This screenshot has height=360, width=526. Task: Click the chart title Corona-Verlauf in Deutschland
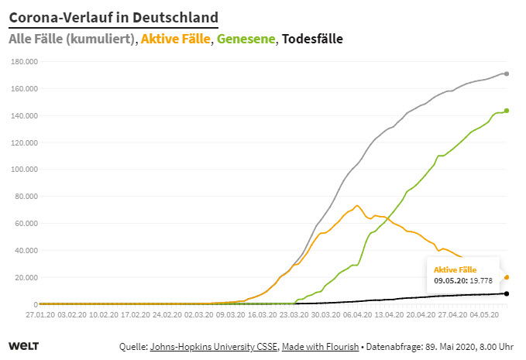pos(113,17)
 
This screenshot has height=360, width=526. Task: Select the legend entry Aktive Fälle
pos(176,39)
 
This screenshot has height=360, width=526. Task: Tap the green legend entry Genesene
pos(246,39)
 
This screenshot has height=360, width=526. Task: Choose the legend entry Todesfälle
pos(312,39)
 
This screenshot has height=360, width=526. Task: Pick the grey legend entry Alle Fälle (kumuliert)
pos(71,39)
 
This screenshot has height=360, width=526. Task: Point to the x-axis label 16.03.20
pos(262,316)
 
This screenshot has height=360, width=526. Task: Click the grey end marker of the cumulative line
pos(507,74)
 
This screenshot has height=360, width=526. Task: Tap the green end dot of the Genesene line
pos(507,111)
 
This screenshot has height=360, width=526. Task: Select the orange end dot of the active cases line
pos(507,277)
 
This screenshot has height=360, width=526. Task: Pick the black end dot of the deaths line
pos(507,293)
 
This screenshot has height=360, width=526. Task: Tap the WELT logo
pos(23,346)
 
